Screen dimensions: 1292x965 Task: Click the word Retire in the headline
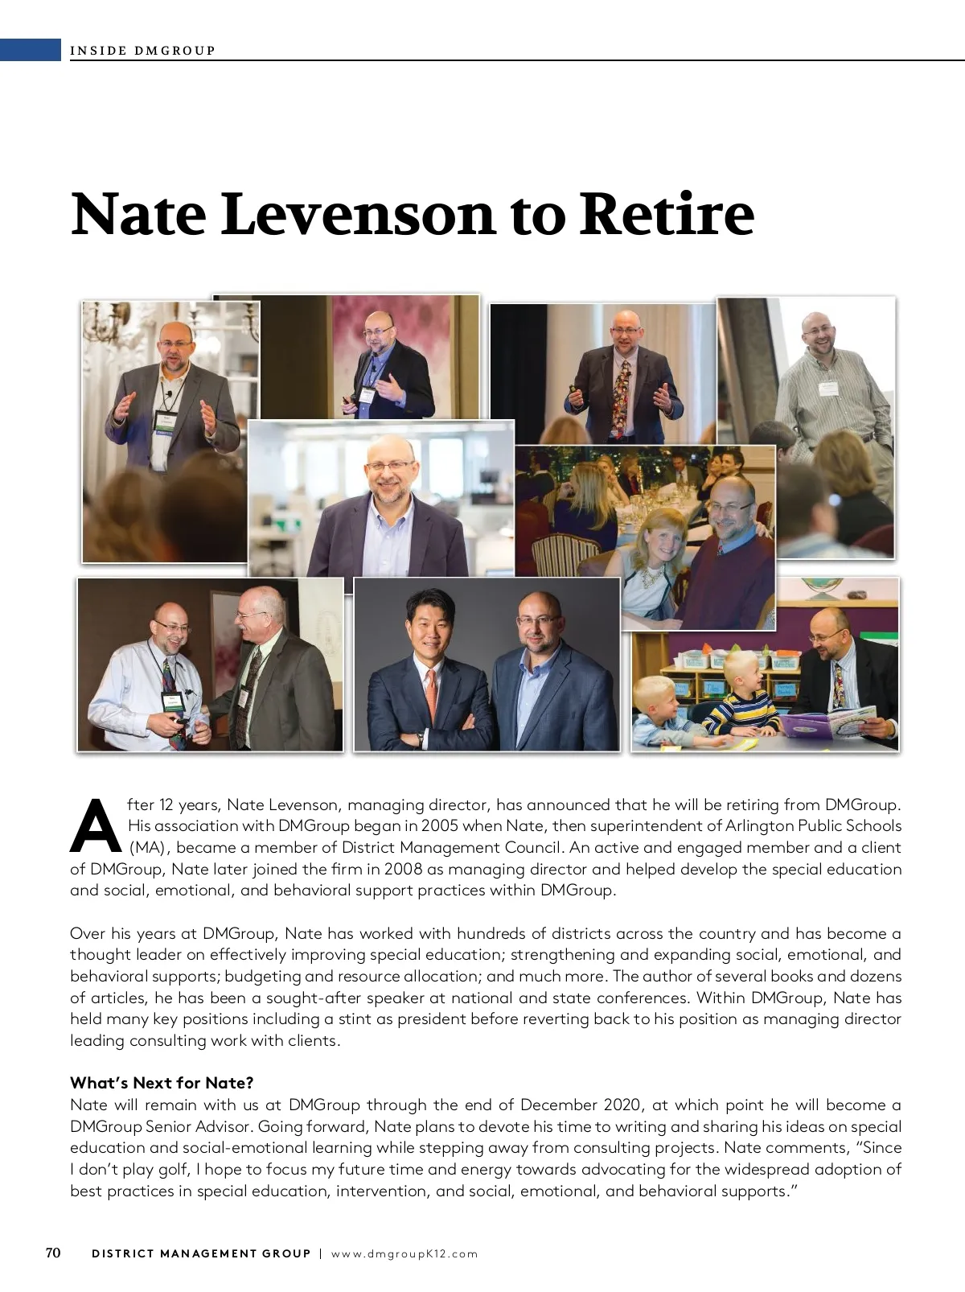tap(667, 215)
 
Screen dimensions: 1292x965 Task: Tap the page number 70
tap(53, 1253)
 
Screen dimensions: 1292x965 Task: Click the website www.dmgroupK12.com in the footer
tap(404, 1253)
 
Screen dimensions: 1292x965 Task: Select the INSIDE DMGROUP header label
tap(143, 51)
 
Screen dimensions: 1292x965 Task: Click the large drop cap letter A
tap(95, 825)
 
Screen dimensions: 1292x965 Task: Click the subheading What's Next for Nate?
tap(162, 1082)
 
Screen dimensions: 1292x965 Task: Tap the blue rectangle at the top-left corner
tap(31, 50)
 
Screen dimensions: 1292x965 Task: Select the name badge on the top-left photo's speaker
tap(166, 421)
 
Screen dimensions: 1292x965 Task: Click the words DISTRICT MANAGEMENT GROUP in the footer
tap(201, 1253)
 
